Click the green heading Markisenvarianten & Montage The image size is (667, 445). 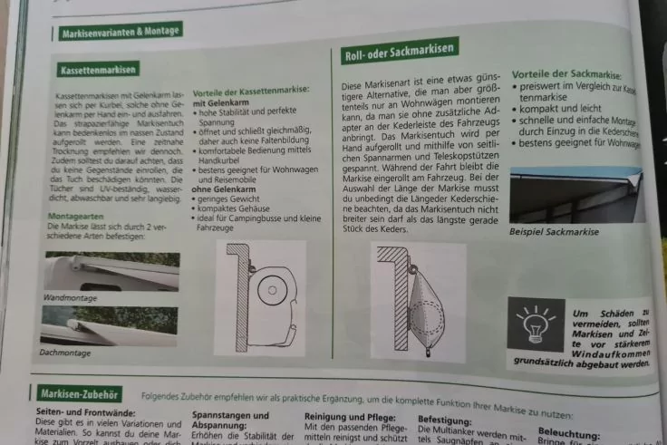point(120,33)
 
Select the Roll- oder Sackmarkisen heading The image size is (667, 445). point(400,53)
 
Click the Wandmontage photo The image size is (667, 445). point(110,271)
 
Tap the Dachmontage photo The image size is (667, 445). point(108,325)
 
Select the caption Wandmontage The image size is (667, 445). point(72,296)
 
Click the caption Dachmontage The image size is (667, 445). point(66,352)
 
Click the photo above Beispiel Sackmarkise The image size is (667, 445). point(577,193)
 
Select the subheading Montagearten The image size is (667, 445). point(75,216)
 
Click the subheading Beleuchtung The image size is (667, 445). point(568,434)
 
